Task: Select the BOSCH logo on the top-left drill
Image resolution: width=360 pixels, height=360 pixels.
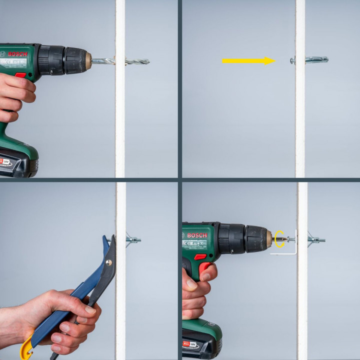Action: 17,53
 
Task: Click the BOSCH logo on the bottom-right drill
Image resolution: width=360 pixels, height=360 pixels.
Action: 197,235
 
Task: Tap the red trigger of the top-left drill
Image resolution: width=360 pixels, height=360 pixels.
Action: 20,75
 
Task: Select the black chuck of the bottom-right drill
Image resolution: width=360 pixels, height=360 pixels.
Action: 245,238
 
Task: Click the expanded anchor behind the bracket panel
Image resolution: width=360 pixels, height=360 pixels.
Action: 316,239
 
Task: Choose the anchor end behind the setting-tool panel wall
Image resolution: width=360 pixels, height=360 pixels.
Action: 133,239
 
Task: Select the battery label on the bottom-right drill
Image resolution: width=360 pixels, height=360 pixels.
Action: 189,345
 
